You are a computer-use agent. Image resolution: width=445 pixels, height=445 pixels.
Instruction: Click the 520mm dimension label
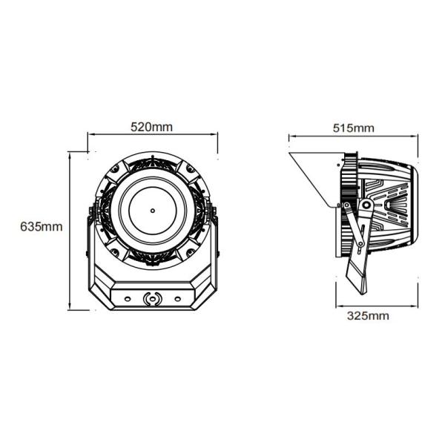click(151, 126)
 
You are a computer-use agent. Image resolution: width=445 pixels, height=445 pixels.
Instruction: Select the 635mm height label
click(42, 226)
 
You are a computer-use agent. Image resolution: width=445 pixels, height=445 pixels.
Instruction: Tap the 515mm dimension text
click(353, 128)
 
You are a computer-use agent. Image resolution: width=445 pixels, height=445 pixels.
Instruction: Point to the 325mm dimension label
click(368, 315)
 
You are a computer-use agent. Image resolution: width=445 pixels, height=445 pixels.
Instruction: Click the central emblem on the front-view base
click(152, 300)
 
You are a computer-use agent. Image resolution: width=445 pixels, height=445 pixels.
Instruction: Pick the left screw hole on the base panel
click(126, 299)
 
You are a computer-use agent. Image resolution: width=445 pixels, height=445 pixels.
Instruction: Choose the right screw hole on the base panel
click(178, 299)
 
